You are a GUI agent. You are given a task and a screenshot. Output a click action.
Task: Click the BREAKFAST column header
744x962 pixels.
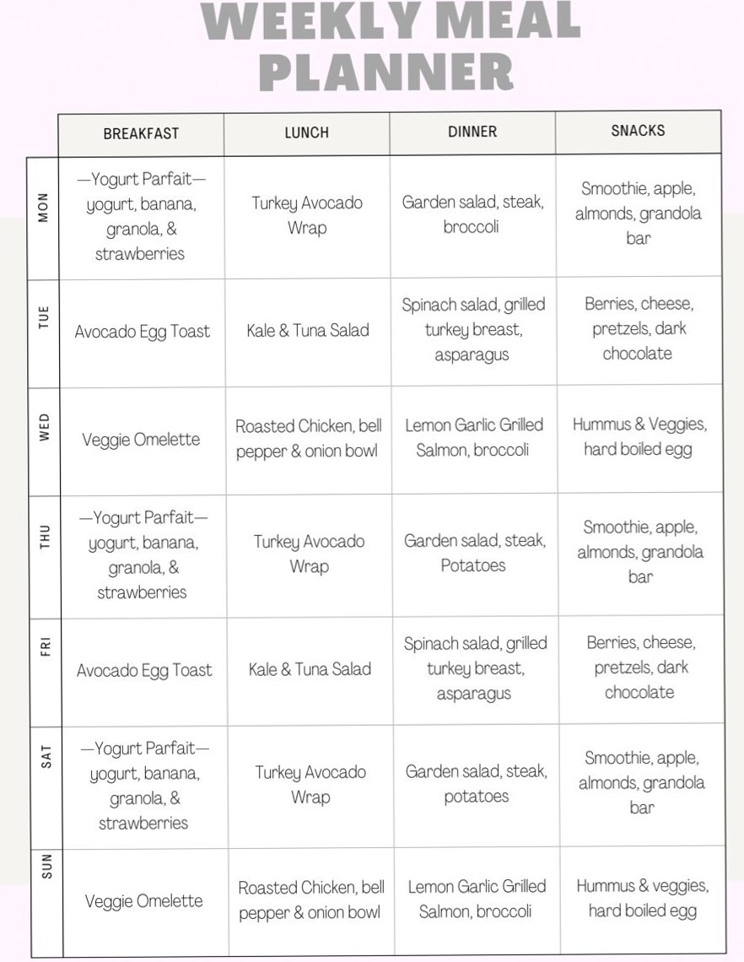(x=141, y=133)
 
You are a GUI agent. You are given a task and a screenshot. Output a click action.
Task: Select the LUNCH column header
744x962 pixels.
(x=306, y=132)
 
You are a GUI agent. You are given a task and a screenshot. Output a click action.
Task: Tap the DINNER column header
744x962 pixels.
(x=472, y=132)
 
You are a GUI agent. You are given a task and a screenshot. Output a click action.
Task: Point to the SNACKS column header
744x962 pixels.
(x=638, y=131)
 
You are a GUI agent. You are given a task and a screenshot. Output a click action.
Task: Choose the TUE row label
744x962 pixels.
(x=44, y=318)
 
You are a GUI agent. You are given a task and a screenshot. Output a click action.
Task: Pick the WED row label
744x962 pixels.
(x=44, y=427)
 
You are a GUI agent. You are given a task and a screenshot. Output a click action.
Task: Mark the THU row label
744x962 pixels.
(x=45, y=538)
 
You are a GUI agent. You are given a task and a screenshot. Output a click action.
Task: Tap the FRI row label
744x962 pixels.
(x=46, y=647)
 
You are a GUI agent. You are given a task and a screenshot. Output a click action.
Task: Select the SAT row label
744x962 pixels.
(x=46, y=755)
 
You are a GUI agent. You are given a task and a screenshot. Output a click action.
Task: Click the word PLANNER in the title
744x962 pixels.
(x=387, y=73)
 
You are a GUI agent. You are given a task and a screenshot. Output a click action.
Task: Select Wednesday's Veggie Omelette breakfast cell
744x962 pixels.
(x=141, y=440)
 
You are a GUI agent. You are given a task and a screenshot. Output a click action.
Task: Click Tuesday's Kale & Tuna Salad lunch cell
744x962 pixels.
(x=308, y=331)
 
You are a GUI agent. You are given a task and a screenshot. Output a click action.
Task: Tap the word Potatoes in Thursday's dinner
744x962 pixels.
(x=473, y=565)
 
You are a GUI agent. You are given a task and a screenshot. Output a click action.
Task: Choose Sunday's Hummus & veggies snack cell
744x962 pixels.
(x=643, y=898)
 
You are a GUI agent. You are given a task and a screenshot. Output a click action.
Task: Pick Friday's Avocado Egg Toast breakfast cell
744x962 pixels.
(x=144, y=671)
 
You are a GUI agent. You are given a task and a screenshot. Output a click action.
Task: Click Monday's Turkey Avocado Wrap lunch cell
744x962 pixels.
(x=307, y=215)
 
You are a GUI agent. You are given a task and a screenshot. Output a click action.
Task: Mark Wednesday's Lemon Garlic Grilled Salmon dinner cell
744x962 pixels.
(x=473, y=437)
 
